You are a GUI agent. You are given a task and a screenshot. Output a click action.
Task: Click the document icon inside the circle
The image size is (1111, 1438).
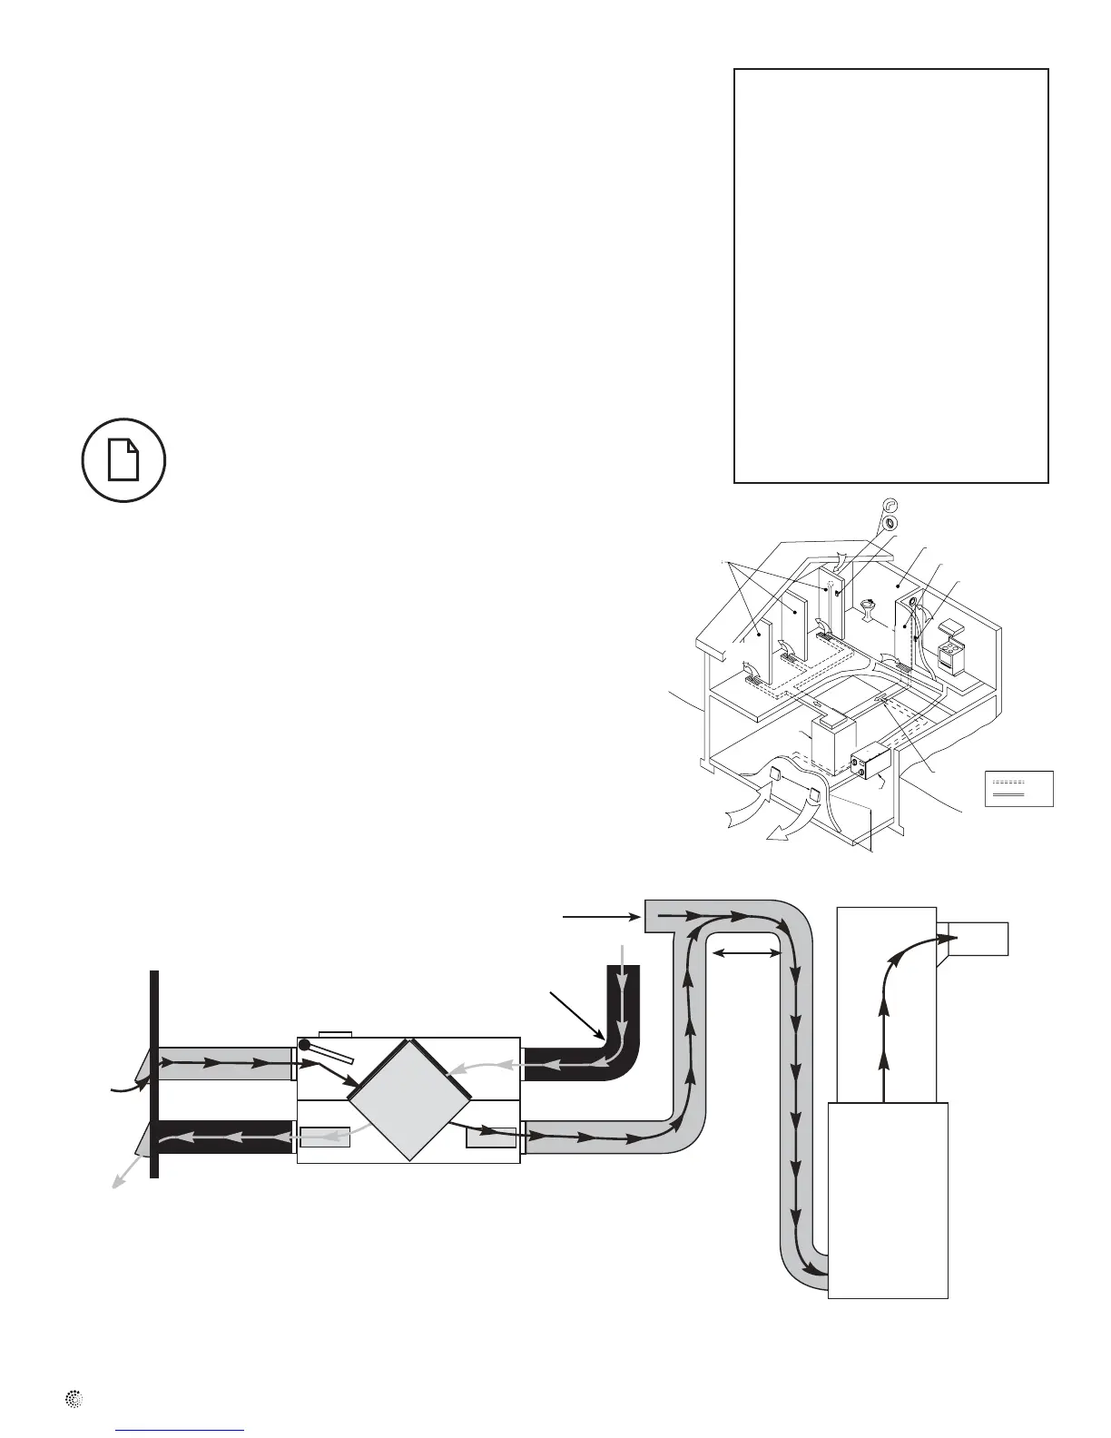click(x=123, y=460)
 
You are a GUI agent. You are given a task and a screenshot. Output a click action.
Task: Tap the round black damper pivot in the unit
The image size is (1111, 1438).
click(x=306, y=1046)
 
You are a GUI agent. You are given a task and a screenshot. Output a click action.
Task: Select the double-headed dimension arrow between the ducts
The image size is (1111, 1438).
click(x=747, y=953)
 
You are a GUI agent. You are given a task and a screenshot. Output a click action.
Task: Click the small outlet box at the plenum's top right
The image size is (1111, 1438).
click(x=977, y=938)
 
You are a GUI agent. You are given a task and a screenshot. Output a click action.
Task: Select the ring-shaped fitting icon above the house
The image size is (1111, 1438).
click(x=890, y=524)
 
